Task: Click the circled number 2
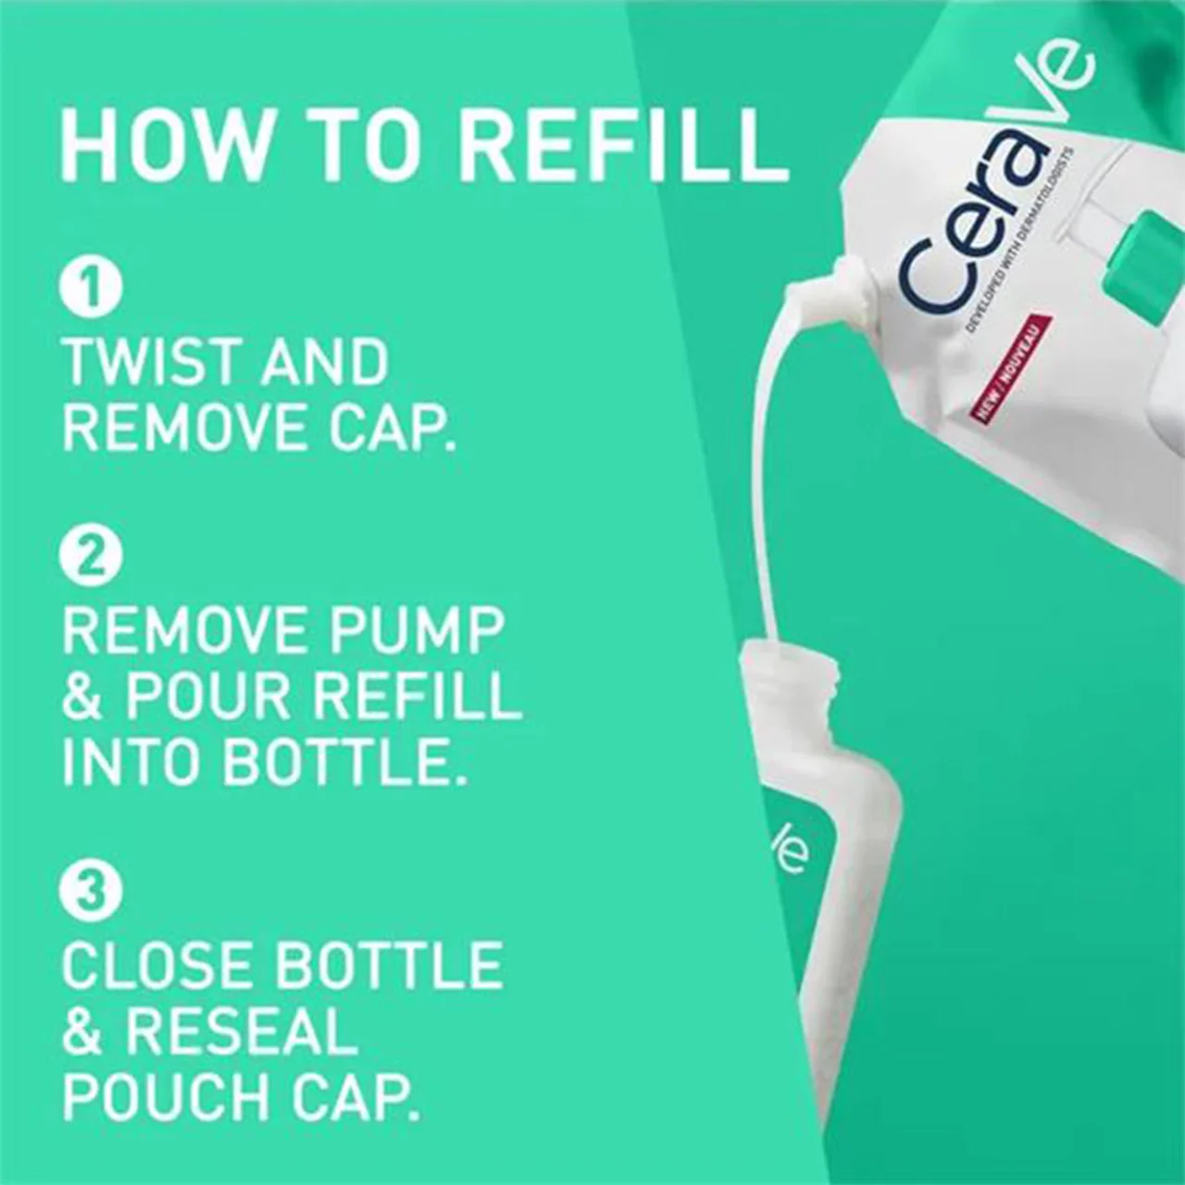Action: [x=91, y=554]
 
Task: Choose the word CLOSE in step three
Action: [x=157, y=965]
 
